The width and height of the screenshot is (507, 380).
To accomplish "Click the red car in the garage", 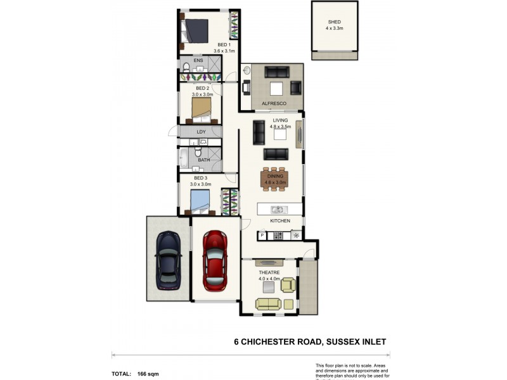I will tap(215, 260).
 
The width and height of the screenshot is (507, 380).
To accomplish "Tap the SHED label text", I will tap(333, 22).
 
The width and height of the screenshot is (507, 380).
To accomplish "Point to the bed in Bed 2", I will tap(202, 108).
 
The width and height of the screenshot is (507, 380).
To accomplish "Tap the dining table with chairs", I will tap(274, 179).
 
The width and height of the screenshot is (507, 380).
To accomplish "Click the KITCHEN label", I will tap(280, 221).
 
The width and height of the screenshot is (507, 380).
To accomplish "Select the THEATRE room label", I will tap(269, 272).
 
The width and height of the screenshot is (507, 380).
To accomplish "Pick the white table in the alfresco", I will tap(276, 88).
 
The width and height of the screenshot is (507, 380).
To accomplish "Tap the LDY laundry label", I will tap(201, 132).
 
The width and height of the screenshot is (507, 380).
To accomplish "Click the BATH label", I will tap(203, 160).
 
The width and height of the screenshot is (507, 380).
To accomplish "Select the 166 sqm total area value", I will tap(148, 374).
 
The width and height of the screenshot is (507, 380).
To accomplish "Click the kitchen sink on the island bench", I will tap(277, 209).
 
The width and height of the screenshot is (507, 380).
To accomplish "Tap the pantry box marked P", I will tap(262, 236).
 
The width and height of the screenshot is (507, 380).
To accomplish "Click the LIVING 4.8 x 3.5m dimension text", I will tap(280, 127).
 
